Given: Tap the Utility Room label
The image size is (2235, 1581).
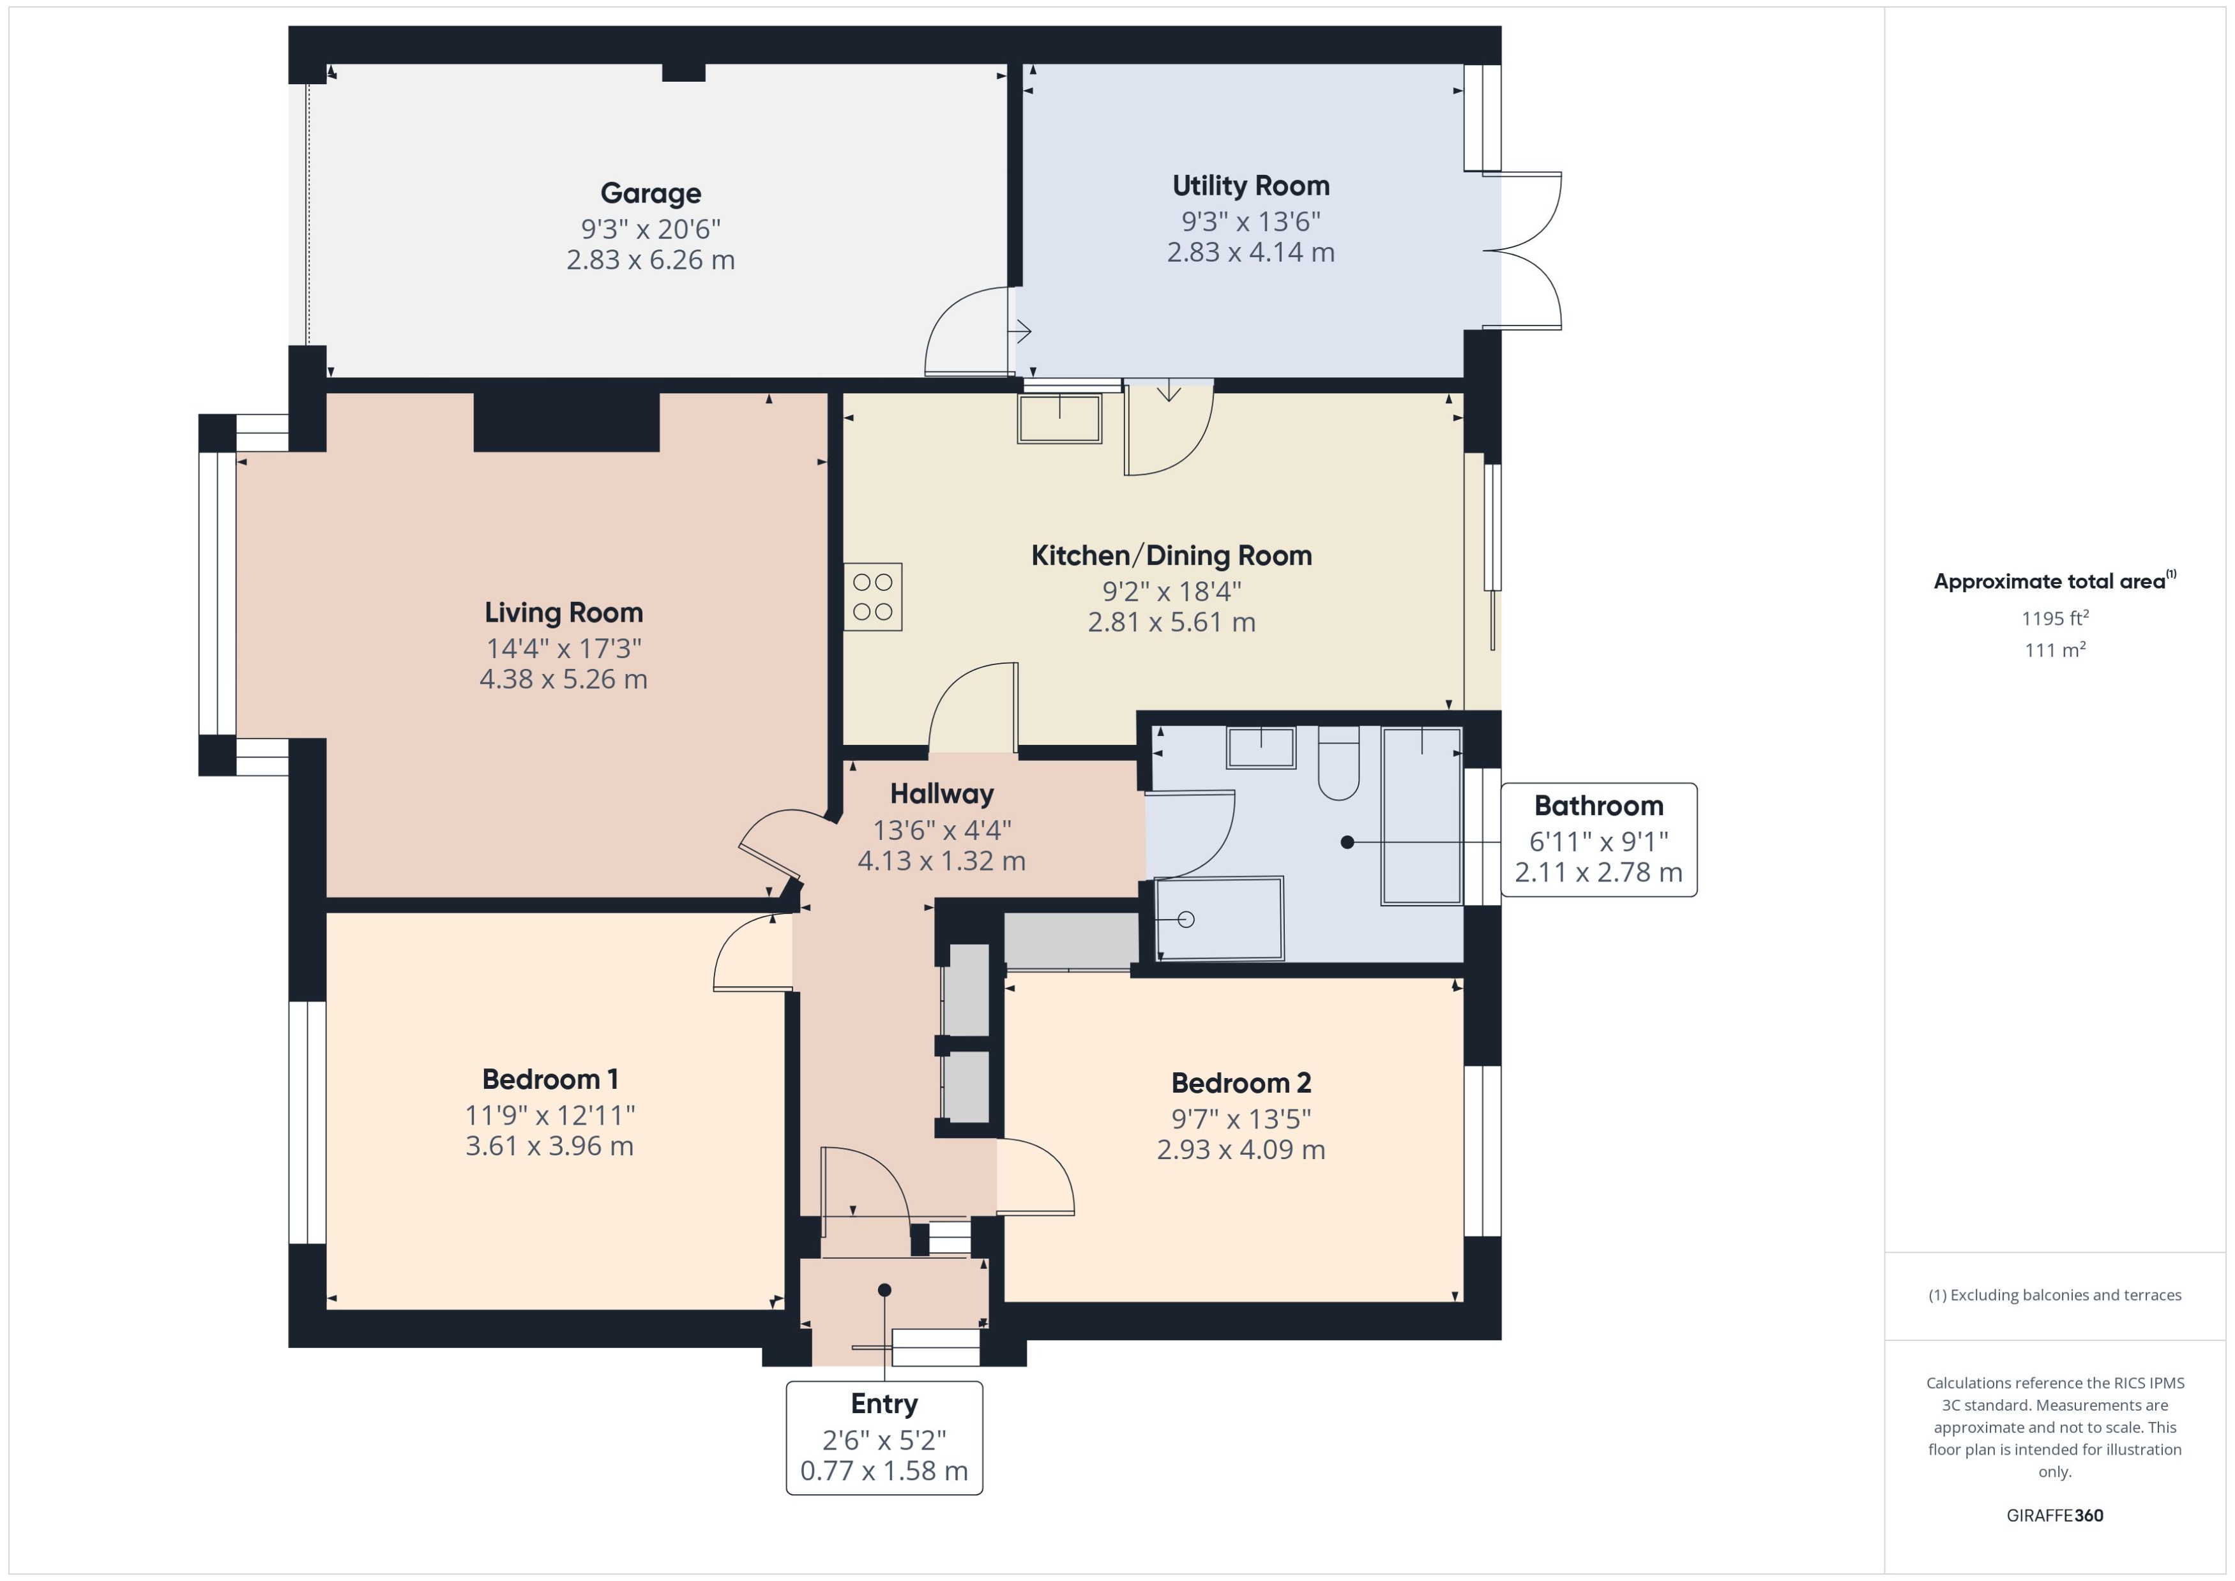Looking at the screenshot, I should pos(1250,186).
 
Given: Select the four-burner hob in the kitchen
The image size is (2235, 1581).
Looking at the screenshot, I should pos(872,597).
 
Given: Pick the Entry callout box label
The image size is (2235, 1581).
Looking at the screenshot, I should pos(883,1404).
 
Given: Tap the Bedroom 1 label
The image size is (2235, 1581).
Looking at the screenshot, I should pos(549,1079).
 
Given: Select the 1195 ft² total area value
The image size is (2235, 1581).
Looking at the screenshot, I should pos(2054,618).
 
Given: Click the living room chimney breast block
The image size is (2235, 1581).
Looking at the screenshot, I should pos(566,421).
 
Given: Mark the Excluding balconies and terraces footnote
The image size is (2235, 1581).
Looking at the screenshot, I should pos(2054,1295).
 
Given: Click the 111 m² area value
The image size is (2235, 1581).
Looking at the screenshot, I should pos(2054,649).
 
